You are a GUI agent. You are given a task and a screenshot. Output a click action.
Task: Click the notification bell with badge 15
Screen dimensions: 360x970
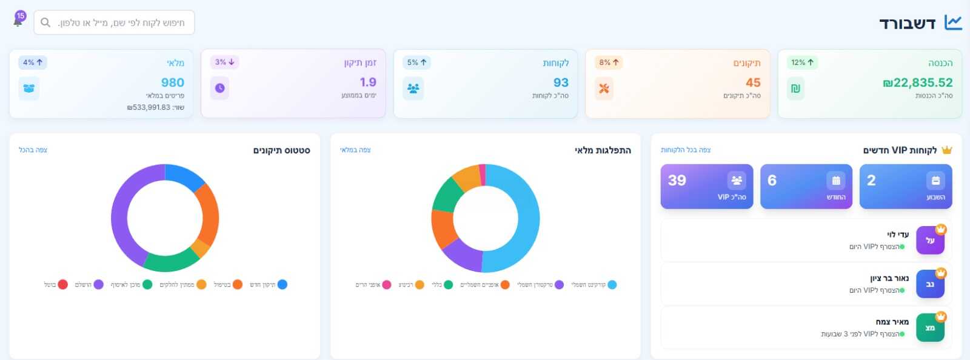coord(18,21)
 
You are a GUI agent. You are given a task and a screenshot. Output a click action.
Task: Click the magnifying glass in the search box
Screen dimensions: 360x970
coord(45,22)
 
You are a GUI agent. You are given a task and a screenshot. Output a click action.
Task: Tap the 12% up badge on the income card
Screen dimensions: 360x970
coord(802,62)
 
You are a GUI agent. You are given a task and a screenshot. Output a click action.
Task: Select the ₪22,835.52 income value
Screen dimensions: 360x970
coord(917,82)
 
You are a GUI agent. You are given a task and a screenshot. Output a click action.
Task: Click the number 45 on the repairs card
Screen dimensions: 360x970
coord(753,82)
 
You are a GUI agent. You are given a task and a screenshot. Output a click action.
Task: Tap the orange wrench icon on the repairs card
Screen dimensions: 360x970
coord(604,88)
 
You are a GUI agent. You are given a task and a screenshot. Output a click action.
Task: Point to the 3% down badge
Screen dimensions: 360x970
coord(224,62)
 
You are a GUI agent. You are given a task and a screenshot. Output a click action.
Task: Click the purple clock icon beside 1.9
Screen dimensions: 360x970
coord(219,88)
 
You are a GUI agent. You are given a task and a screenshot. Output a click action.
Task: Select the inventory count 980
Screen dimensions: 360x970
coord(172,82)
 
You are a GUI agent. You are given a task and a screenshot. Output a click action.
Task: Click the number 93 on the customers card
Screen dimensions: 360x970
coord(561,82)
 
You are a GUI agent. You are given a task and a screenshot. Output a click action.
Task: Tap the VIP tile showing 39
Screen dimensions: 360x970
coord(707,187)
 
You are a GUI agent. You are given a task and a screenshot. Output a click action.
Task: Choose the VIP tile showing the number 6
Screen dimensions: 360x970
coord(806,187)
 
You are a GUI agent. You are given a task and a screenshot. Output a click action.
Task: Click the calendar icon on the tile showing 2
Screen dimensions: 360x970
coord(935,181)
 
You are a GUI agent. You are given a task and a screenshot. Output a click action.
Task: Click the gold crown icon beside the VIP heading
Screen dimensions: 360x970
coord(946,150)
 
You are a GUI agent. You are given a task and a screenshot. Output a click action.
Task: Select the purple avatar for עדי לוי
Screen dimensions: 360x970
coord(930,241)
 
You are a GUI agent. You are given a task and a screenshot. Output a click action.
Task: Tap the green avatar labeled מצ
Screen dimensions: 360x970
coord(930,328)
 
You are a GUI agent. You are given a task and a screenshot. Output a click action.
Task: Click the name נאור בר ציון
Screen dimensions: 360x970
coord(889,278)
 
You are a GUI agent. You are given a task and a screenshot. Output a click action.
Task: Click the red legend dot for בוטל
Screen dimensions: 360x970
coord(63,284)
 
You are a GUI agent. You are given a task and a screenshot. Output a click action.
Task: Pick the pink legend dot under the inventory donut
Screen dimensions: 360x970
coord(387,285)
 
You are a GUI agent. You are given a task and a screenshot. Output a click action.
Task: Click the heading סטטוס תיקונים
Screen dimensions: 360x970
coord(281,150)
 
